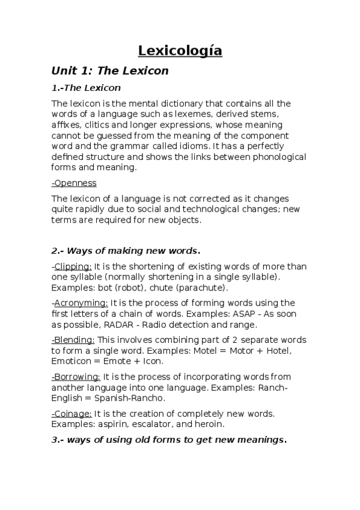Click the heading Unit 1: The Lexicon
(x=110, y=71)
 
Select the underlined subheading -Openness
(x=74, y=183)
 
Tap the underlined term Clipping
(x=73, y=267)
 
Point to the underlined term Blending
(x=74, y=340)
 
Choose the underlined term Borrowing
(x=76, y=376)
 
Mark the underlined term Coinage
(x=73, y=413)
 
